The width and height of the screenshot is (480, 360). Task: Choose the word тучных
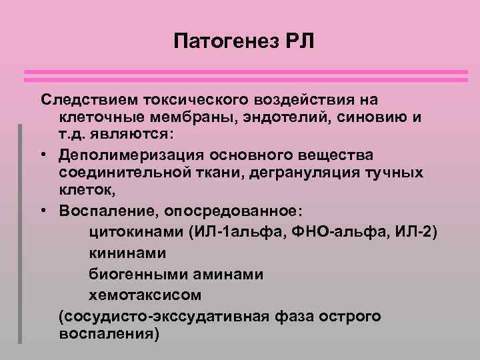399,173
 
